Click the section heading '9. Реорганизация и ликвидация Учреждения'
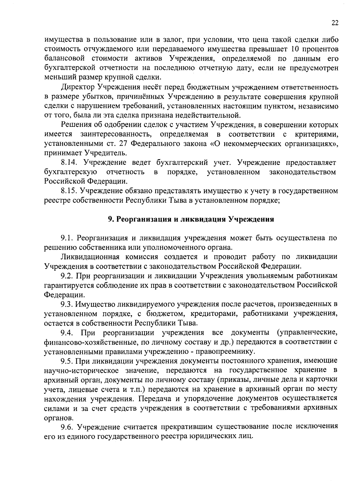191,219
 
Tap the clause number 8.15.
70,191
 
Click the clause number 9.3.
67,304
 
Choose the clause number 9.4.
67,333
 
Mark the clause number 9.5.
67,361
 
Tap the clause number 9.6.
67,426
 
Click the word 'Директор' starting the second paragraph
78,87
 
